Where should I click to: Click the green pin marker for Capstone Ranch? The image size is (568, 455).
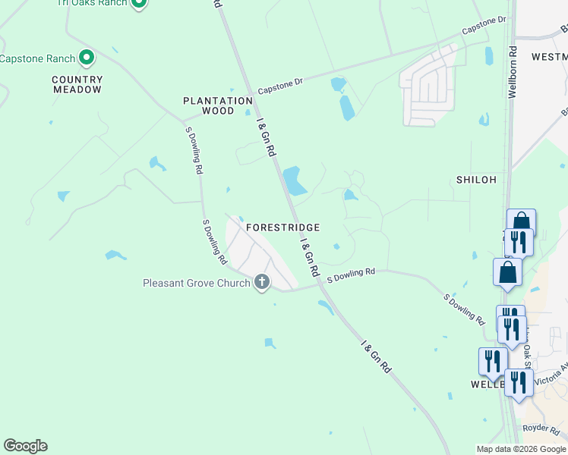(x=87, y=58)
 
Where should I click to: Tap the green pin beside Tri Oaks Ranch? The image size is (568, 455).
(x=137, y=3)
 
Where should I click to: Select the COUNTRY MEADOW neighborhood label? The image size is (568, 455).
(x=77, y=84)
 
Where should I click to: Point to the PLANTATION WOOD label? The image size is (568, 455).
(x=218, y=105)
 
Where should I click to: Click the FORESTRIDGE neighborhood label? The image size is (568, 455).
(x=282, y=227)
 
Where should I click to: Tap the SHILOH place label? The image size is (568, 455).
(x=476, y=180)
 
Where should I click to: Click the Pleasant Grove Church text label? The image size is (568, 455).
(x=197, y=284)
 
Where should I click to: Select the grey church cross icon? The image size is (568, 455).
(x=262, y=283)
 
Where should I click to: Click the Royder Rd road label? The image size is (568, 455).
(x=541, y=428)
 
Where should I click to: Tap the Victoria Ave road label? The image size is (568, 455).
(x=553, y=376)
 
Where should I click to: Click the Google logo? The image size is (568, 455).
(x=25, y=446)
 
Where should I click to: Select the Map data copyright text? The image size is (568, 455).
(x=521, y=449)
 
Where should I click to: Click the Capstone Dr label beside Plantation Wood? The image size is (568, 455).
(x=279, y=86)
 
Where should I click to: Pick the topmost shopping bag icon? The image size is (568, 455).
(x=521, y=222)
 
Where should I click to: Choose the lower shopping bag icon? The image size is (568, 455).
(x=507, y=271)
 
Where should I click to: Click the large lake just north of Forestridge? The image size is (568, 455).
(x=294, y=180)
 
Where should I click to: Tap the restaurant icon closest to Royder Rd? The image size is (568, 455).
(x=519, y=381)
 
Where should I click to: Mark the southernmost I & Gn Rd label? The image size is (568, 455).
(x=375, y=357)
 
